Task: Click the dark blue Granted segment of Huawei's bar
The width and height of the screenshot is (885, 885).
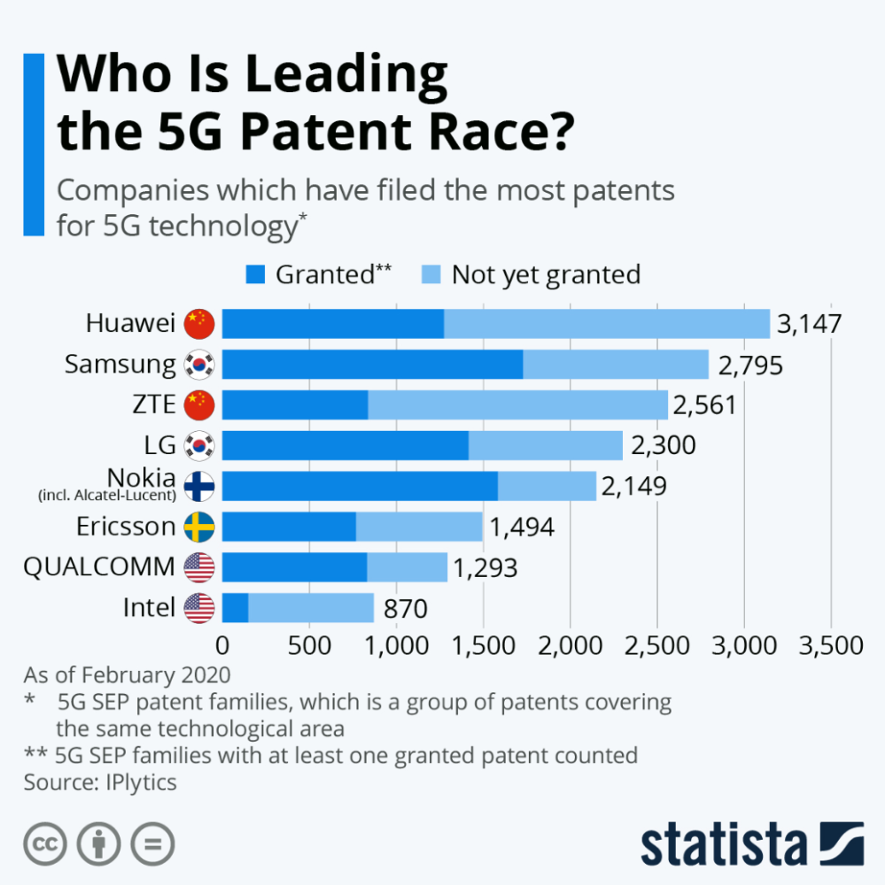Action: pos(332,324)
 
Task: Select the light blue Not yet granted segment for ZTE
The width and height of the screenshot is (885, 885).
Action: pos(517,405)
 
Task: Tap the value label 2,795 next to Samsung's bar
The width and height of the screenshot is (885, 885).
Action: pos(750,365)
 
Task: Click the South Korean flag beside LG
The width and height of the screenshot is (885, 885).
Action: pos(199,445)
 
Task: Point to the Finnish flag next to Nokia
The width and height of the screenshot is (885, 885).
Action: pos(199,486)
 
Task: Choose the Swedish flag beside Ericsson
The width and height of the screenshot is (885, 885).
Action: pos(199,527)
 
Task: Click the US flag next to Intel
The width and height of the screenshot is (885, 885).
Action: pos(199,608)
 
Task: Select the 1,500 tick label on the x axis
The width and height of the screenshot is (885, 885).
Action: pos(483,645)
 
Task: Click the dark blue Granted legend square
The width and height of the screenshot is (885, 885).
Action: pos(255,274)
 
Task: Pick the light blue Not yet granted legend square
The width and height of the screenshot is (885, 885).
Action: pos(431,274)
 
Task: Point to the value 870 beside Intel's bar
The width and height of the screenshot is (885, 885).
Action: pos(405,609)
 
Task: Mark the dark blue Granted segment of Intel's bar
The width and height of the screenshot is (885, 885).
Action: pos(235,608)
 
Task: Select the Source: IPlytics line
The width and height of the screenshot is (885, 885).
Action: pos(100,782)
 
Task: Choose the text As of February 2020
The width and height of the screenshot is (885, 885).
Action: pos(127,675)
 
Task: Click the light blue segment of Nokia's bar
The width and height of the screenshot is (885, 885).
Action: pos(547,486)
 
